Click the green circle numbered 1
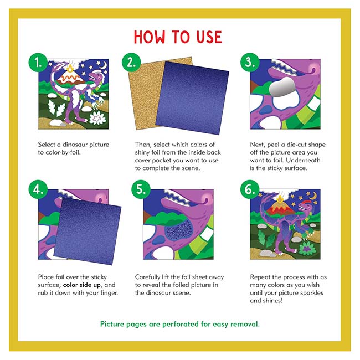(38, 63)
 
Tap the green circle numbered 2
(131, 63)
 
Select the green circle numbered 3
(250, 63)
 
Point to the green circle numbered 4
(38, 189)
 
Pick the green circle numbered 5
(141, 189)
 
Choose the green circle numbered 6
(250, 189)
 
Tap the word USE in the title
(209, 37)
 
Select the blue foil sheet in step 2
(192, 98)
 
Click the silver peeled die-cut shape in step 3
(282, 87)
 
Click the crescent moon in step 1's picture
(105, 65)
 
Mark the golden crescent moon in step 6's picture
(313, 196)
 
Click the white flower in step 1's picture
(97, 119)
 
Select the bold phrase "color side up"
(82, 285)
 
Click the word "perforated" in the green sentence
(181, 324)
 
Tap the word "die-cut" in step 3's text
(296, 145)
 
